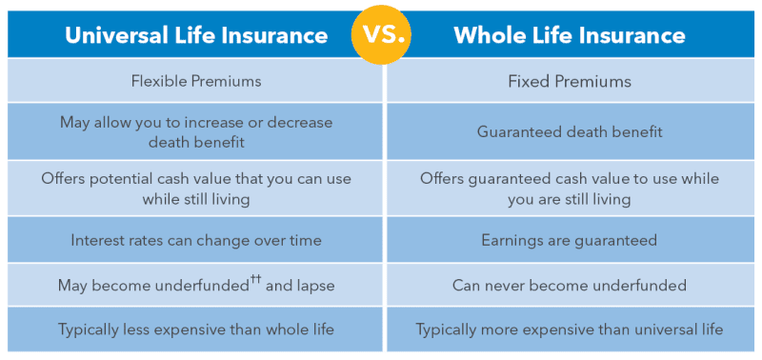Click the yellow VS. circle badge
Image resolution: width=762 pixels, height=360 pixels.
[381, 36]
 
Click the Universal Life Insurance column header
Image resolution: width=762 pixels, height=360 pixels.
[196, 36]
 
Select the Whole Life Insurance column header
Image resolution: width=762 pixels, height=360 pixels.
[570, 36]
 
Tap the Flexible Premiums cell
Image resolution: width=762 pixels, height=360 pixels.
[196, 81]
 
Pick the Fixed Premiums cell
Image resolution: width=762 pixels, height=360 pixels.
[570, 81]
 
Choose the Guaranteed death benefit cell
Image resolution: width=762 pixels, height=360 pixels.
[570, 131]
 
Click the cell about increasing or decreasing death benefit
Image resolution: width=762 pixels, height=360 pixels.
[196, 131]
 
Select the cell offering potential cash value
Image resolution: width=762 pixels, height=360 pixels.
[196, 189]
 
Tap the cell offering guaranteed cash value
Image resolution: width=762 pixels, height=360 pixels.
[570, 189]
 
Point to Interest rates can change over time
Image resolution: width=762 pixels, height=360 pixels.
[196, 240]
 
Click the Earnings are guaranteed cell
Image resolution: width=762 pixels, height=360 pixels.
[570, 240]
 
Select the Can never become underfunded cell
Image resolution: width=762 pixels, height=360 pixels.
[570, 285]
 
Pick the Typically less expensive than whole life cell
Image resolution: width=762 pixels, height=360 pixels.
[196, 330]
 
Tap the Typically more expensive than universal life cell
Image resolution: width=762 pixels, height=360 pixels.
[570, 330]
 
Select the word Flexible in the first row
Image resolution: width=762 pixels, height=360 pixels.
[157, 81]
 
